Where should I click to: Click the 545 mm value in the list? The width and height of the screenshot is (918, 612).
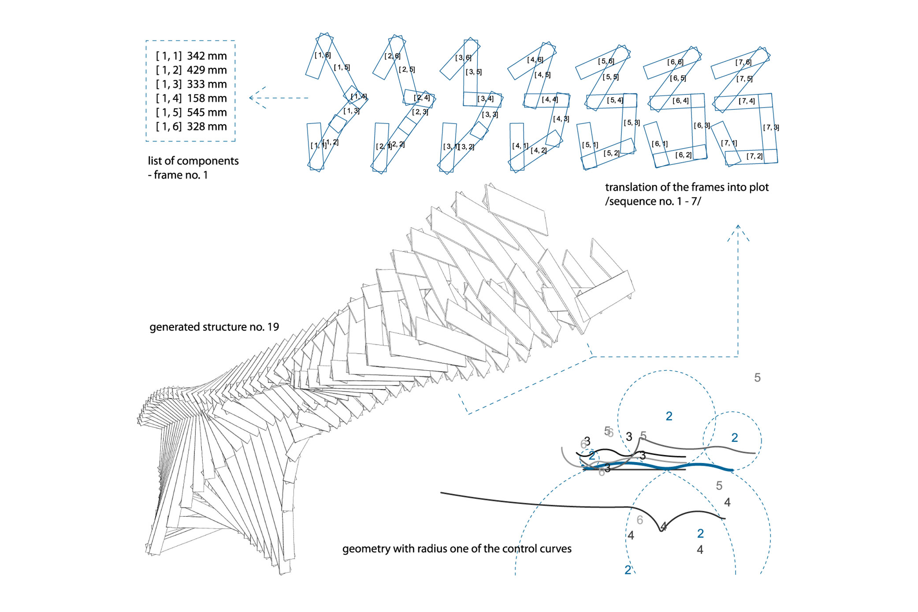point(207,112)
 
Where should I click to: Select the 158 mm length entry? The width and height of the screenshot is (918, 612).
point(207,98)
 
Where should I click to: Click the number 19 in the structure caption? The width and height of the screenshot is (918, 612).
point(273,327)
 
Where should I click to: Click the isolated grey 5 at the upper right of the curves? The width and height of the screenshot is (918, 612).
point(757,378)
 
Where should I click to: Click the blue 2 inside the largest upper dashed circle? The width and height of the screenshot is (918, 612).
point(669,416)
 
